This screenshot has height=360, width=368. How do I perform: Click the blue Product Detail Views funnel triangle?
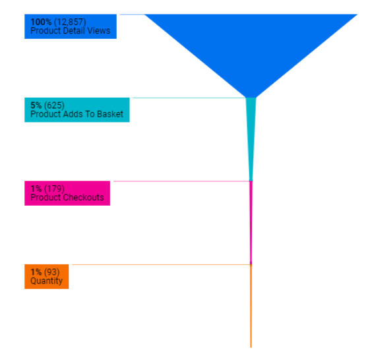pyautogui.click(x=251, y=47)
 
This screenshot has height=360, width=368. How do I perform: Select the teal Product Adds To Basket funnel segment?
pyautogui.click(x=251, y=131)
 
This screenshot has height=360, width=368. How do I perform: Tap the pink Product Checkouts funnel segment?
pyautogui.click(x=251, y=223)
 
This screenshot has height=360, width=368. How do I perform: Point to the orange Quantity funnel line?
pyautogui.click(x=251, y=306)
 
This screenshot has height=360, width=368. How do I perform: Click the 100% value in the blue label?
pyautogui.click(x=41, y=22)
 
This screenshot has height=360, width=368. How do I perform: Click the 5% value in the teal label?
pyautogui.click(x=36, y=105)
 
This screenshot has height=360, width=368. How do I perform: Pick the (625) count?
pyautogui.click(x=54, y=105)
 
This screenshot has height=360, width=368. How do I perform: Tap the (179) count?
pyautogui.click(x=54, y=189)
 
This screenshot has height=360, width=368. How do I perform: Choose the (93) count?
pyautogui.click(x=52, y=272)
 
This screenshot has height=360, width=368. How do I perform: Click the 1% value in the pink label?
pyautogui.click(x=36, y=189)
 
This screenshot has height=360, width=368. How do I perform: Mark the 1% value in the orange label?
pyautogui.click(x=36, y=272)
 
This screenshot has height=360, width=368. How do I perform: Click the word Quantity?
pyautogui.click(x=46, y=281)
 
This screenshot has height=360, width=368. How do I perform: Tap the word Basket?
pyautogui.click(x=110, y=114)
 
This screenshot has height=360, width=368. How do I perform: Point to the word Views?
pyautogui.click(x=99, y=31)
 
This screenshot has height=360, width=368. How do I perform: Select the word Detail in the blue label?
pyautogui.click(x=75, y=31)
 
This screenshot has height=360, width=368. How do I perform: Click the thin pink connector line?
pyautogui.click(x=181, y=181)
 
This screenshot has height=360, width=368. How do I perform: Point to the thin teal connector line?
pyautogui.click(x=189, y=98)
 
